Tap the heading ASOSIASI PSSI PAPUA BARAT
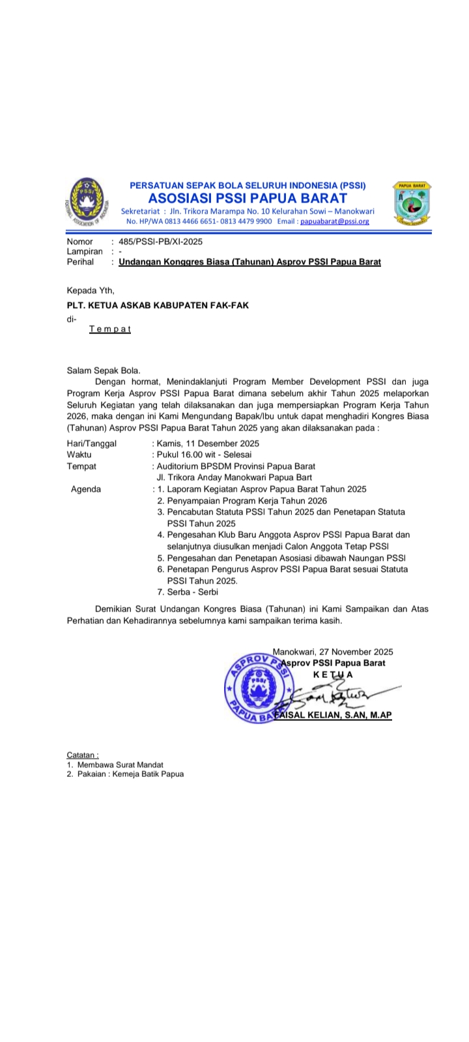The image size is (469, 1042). pos(248,198)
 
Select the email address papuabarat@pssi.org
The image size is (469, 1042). pos(334,221)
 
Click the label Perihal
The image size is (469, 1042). pos(80,262)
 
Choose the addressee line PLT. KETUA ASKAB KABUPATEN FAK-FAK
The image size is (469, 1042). pos(158,305)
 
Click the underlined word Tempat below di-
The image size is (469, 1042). pos(110,329)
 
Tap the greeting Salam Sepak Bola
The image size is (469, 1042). pos(104,370)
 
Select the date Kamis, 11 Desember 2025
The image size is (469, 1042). pos(206,443)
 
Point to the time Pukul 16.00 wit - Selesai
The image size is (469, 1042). pos(203,455)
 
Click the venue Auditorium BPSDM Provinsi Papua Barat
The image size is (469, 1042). pos(226,466)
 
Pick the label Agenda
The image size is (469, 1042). pos(86,489)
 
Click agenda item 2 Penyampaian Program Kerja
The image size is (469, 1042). pos(242,501)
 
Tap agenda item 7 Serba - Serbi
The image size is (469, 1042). pos(188,592)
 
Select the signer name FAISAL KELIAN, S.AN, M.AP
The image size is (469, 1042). pos(333,714)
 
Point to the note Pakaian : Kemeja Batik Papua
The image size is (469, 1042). pos(130,774)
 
